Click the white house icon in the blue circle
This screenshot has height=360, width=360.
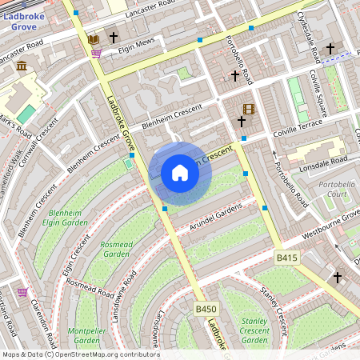coord(180,173)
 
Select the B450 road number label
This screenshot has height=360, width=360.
coord(206,308)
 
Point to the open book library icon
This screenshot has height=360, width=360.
coord(94,38)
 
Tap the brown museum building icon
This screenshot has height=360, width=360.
coord(22,65)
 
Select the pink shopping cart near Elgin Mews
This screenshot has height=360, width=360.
coord(96,54)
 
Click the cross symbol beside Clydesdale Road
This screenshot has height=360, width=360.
coord(330,49)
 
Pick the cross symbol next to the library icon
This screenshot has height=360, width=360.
coord(114,38)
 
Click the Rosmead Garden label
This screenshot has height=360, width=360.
coord(116,249)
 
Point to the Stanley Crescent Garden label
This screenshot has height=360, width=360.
coord(254,330)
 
